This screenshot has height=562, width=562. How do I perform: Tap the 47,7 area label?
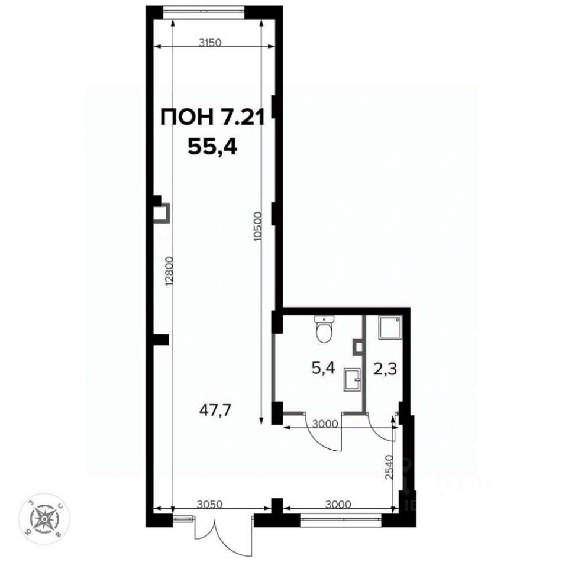pyautogui.click(x=215, y=408)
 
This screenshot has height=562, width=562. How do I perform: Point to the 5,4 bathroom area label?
pyautogui.click(x=324, y=369)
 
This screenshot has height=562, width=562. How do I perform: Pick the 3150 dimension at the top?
pyautogui.click(x=213, y=43)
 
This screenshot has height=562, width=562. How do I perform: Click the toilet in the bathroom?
pyautogui.click(x=324, y=330)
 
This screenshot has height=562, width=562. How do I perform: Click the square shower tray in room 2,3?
pyautogui.click(x=389, y=327)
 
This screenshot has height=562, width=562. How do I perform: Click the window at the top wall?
pyautogui.click(x=204, y=9)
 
